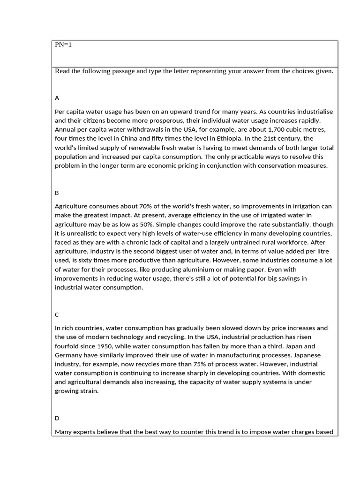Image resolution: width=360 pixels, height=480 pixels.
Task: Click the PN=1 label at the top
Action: click(63, 45)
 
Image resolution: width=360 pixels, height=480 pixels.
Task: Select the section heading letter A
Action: click(57, 98)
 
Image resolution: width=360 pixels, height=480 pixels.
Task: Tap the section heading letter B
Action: click(57, 193)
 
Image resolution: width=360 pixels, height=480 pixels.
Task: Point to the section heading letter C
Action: click(57, 315)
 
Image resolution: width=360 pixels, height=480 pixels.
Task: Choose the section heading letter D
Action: click(57, 418)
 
